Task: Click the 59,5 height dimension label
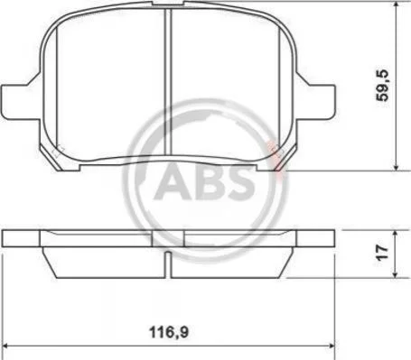point(383,86)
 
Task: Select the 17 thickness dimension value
point(383,253)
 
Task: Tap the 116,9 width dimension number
point(169,332)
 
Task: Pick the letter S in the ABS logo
point(237,184)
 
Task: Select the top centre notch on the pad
point(168,3)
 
